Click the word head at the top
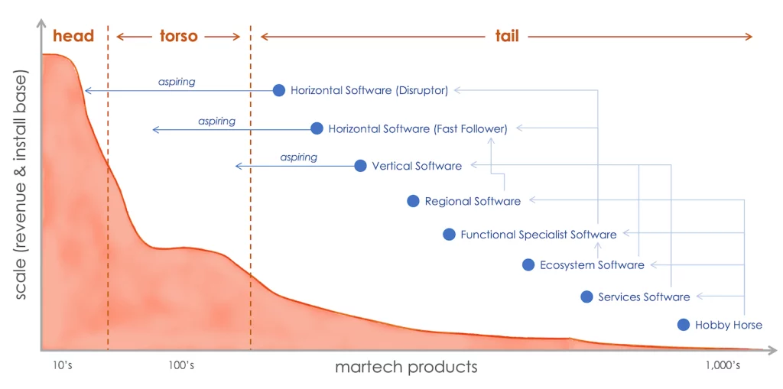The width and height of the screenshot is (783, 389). click(x=73, y=36)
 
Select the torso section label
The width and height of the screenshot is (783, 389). click(x=179, y=36)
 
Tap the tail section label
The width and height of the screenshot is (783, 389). click(x=507, y=36)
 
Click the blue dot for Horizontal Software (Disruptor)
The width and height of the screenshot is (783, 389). click(x=279, y=90)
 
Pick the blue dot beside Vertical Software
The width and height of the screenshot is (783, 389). click(x=361, y=166)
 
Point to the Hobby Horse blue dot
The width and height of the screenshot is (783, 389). click(x=684, y=325)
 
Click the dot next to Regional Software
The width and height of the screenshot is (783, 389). click(x=413, y=201)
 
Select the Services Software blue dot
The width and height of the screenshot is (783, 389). click(x=586, y=297)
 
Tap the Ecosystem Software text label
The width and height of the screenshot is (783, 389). click(x=593, y=265)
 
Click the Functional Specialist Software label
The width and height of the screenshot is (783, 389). click(x=539, y=234)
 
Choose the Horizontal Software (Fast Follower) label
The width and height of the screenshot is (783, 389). click(x=418, y=129)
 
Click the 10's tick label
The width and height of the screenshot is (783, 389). click(x=63, y=365)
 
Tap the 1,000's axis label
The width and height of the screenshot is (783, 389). click(x=723, y=365)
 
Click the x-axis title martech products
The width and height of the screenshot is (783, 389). click(x=406, y=368)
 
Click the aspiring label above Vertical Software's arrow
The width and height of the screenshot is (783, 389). click(x=299, y=157)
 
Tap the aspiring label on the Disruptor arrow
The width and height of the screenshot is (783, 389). click(x=177, y=82)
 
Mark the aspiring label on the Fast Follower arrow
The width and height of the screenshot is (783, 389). click(x=216, y=121)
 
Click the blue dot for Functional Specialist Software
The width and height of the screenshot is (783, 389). click(x=449, y=234)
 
